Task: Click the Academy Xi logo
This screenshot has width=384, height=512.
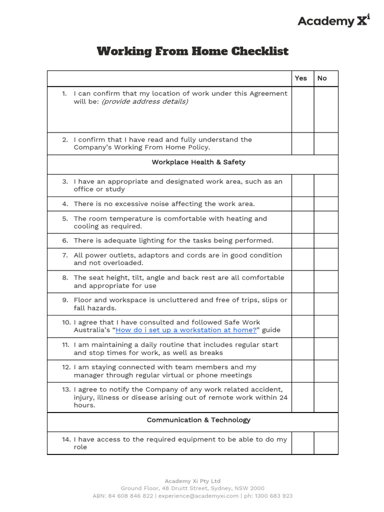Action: point(333,20)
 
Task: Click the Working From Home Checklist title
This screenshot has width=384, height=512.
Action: point(192,51)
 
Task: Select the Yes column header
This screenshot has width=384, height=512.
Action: point(301,78)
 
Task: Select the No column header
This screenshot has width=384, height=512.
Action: point(322,78)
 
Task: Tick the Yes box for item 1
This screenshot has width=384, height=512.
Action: point(302,109)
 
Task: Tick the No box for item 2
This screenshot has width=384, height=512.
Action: point(326,143)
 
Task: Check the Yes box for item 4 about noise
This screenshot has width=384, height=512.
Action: point(302,203)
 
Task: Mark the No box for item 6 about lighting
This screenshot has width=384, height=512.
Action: point(326,240)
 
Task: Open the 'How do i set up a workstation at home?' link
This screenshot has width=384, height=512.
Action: point(186,330)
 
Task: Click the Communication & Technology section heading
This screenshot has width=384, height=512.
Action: point(198,420)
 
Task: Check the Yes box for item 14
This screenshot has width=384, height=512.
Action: point(302,443)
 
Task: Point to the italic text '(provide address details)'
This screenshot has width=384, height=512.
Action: point(145,101)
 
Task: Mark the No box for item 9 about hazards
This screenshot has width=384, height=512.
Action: point(326,304)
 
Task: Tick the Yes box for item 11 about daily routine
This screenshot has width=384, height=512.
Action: point(302,348)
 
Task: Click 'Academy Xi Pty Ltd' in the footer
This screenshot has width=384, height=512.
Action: point(192,481)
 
